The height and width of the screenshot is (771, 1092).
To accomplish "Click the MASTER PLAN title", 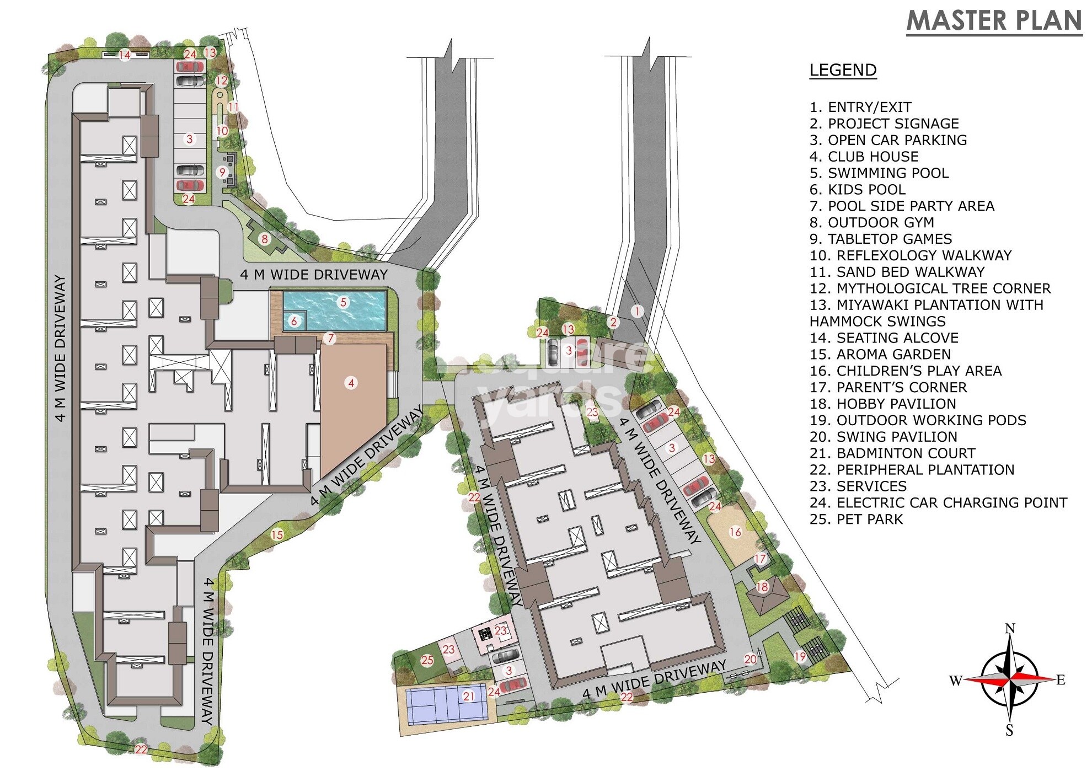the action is click(x=994, y=20).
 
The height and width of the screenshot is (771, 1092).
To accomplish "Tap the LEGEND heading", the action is click(x=843, y=70).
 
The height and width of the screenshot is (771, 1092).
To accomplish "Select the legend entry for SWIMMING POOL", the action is click(x=879, y=173).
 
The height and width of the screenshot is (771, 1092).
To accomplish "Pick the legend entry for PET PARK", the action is click(x=856, y=519).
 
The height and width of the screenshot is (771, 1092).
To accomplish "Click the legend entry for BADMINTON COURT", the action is click(x=892, y=453).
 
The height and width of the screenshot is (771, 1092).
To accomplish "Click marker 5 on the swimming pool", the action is click(x=344, y=302).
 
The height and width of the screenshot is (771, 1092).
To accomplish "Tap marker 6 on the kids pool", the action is click(x=294, y=321).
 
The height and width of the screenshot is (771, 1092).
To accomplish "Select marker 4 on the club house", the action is click(x=351, y=383).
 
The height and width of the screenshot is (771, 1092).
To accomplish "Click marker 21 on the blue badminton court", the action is click(x=469, y=696).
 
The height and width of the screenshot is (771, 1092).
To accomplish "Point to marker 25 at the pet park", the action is click(x=427, y=660).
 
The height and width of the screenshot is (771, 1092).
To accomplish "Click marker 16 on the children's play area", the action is click(x=735, y=532).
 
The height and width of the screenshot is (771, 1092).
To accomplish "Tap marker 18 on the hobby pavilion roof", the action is click(x=762, y=587).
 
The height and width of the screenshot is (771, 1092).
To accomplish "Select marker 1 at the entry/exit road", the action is click(x=638, y=311).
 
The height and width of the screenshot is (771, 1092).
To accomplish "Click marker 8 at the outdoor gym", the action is click(x=265, y=239).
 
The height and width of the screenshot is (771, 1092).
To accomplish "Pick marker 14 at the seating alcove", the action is click(x=125, y=55).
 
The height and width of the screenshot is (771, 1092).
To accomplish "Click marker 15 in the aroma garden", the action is click(x=277, y=534).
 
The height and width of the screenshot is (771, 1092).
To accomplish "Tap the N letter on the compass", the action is click(x=1010, y=628).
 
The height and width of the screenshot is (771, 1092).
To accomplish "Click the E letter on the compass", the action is click(x=1061, y=680).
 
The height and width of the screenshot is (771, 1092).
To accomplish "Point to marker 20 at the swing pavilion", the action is click(x=750, y=659).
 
